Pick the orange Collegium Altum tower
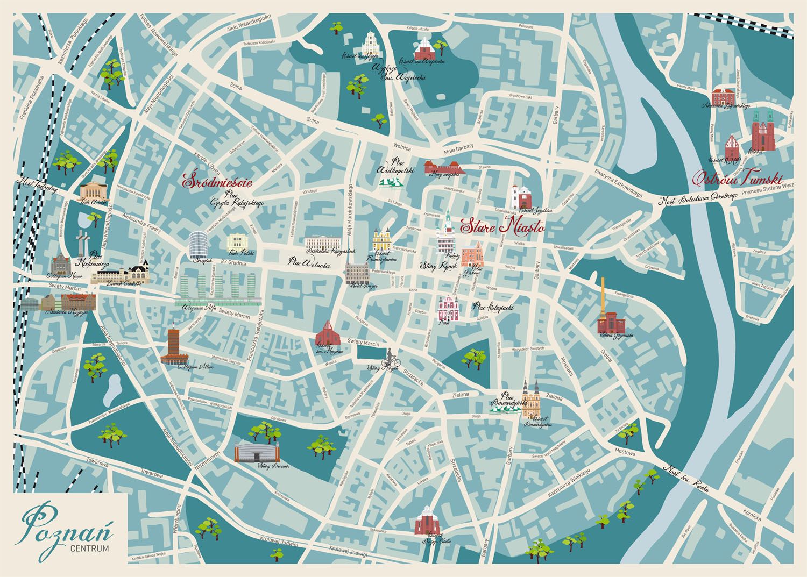173,346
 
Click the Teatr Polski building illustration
237,243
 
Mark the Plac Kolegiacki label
492,307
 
